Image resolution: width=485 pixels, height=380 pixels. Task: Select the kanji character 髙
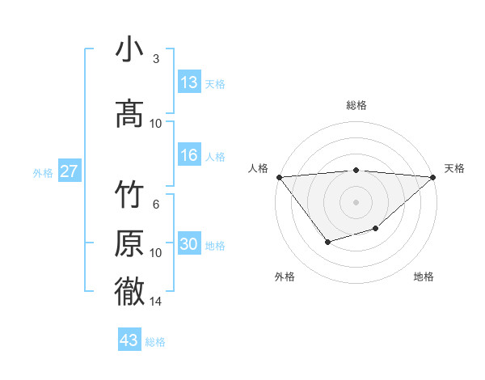tap(130, 114)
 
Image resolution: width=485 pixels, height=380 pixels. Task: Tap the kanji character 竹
tap(130, 195)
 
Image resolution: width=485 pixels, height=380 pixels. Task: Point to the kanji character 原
tap(130, 243)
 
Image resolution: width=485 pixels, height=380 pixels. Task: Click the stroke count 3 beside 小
tap(156, 59)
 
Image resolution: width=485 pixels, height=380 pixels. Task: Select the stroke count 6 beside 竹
tap(156, 204)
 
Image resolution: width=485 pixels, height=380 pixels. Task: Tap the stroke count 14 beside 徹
tap(156, 301)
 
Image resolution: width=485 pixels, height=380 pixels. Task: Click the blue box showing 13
tap(189, 82)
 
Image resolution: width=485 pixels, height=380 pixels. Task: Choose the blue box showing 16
tap(189, 155)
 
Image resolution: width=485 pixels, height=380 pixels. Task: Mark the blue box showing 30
tap(189, 244)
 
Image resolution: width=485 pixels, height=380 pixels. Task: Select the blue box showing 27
tap(70, 171)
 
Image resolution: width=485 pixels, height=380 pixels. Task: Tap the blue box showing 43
tap(129, 340)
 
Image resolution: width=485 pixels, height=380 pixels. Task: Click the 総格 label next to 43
tap(155, 342)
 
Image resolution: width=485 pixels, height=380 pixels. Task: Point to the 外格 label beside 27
tap(43, 172)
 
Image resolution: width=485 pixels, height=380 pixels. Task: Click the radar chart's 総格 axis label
tap(356, 105)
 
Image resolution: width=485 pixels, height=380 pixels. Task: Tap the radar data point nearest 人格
tap(279, 177)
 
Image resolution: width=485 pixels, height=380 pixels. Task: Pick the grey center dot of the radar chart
tap(356, 202)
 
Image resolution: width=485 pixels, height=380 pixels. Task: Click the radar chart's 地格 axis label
tap(424, 277)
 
